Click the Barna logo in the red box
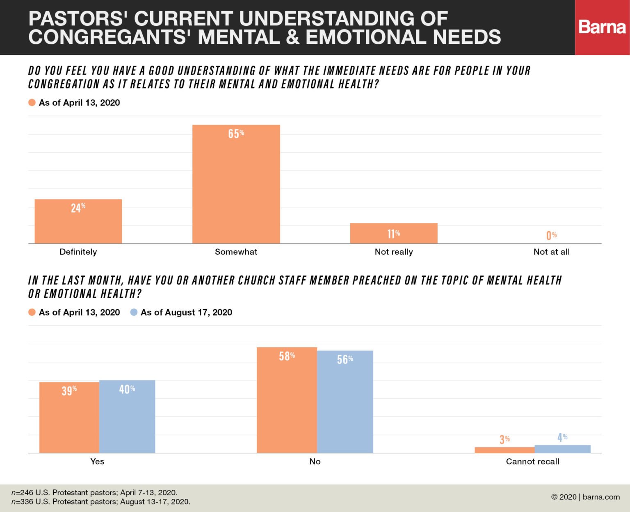coord(602,27)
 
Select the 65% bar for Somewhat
coord(236,184)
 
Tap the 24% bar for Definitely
coord(78,221)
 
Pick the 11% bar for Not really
coord(394,233)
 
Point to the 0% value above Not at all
coord(551,235)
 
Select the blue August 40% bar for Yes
coord(127,416)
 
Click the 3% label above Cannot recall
coord(504,439)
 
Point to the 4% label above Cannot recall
coord(562,437)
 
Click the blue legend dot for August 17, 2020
coord(134,312)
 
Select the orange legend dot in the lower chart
coord(32,312)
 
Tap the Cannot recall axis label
coord(532,462)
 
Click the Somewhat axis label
coord(236,252)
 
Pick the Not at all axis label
coord(551,252)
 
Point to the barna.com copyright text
coord(585,497)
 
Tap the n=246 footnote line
coord(94,492)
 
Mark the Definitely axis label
coord(78,252)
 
